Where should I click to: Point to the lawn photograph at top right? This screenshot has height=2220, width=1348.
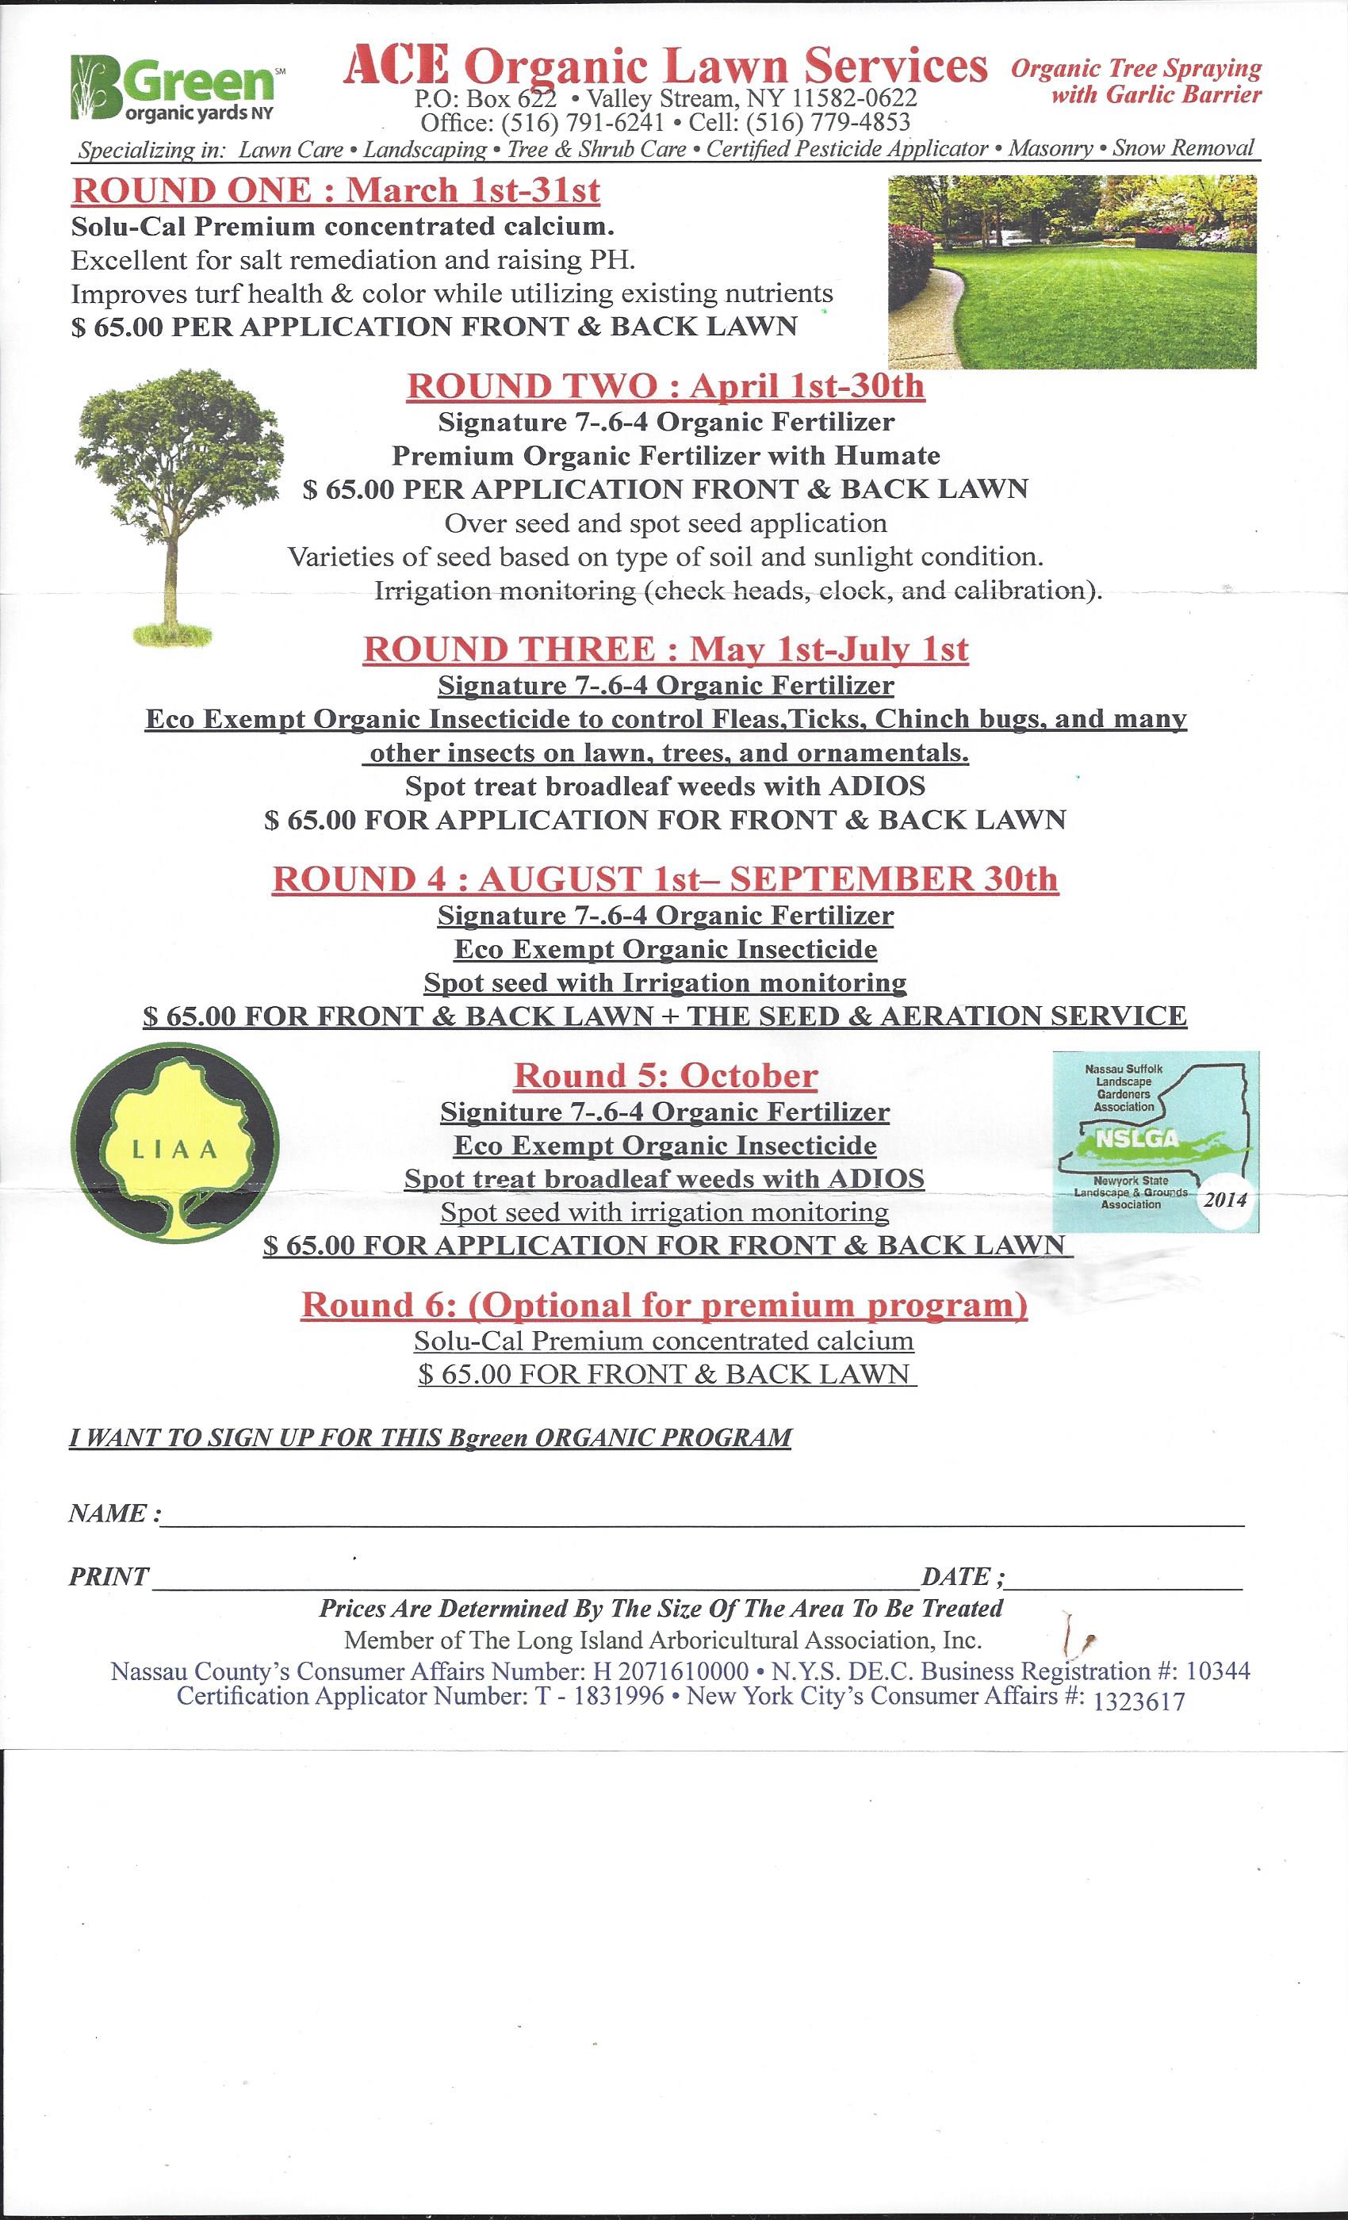pos(1071,271)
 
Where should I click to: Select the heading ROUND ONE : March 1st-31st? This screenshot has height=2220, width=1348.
pos(335,191)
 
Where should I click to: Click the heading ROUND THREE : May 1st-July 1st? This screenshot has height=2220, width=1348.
pos(665,649)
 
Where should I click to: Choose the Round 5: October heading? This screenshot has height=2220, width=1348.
pos(665,1075)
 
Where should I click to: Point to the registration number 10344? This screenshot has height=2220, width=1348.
pos(1218,1671)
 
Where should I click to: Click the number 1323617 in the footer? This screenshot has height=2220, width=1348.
pos(1138,1701)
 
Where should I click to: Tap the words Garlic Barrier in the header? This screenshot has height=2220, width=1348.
pos(1156,94)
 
